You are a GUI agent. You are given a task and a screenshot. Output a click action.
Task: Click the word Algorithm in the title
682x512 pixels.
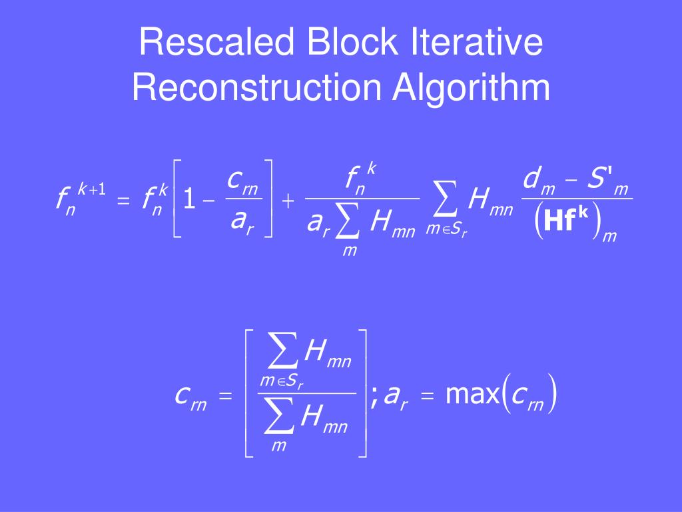point(471,88)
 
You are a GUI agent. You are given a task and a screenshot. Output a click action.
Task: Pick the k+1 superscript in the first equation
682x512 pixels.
point(92,189)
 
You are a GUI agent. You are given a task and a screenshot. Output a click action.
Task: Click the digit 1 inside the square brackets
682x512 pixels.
point(190,199)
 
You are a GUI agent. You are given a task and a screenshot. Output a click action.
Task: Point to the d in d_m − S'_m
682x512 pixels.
point(531,179)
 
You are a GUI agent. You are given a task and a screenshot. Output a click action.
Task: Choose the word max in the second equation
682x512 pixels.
point(472,395)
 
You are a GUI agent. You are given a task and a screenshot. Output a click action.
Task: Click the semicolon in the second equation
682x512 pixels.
point(374,399)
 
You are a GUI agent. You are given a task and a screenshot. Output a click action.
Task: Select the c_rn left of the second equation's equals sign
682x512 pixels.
point(190,397)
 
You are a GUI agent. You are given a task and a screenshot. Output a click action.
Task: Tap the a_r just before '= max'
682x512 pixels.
point(396,397)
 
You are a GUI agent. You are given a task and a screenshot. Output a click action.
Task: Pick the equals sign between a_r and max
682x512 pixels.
point(428,397)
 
